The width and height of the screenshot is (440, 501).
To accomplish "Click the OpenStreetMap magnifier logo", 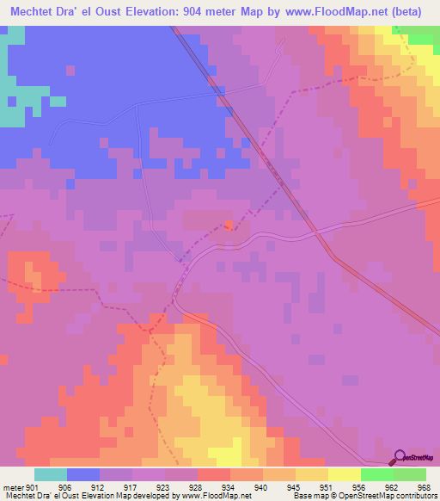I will [x=399, y=456].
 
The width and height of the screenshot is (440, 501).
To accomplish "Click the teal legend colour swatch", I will [x=51, y=474].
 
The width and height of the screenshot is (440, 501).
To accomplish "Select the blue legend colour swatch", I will [x=83, y=474].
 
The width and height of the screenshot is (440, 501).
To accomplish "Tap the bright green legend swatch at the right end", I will [x=410, y=474].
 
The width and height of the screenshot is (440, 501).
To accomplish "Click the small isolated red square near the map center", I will [x=229, y=226].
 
